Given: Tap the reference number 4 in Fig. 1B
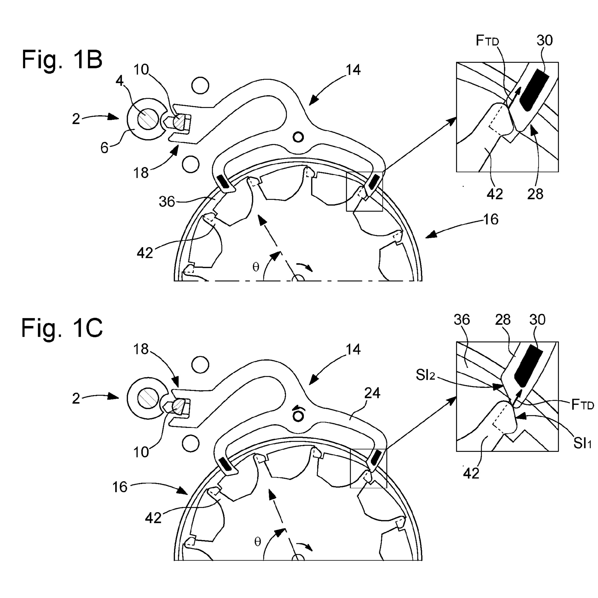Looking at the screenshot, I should tap(120, 81).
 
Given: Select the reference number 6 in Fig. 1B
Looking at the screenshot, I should tap(104, 148).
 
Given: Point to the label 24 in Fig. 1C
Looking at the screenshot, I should tap(372, 393).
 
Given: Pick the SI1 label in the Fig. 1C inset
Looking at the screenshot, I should tap(582, 444).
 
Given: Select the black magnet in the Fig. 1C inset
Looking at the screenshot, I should tap(528, 366).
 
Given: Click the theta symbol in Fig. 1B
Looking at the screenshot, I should tap(256, 267).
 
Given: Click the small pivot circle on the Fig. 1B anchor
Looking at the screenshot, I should tap(298, 137).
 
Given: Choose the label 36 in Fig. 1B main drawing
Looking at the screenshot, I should tap(167, 202).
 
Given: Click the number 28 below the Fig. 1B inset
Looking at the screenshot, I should tap(535, 194).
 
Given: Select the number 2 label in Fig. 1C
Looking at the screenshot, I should tap(76, 399).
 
